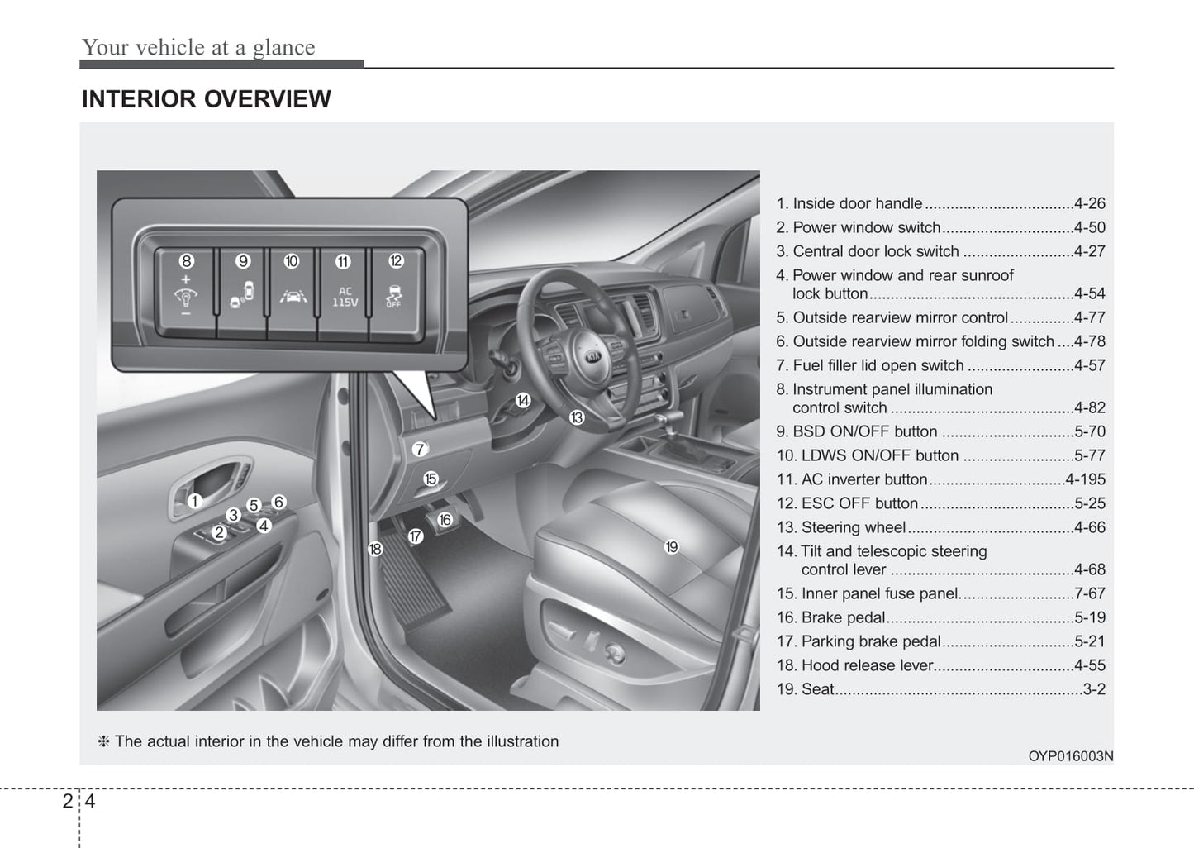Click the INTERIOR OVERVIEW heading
(x=206, y=99)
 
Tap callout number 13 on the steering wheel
(x=577, y=418)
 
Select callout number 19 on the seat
(x=672, y=546)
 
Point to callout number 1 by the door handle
(x=194, y=501)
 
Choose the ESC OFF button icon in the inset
(x=394, y=297)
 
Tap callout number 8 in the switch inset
(x=187, y=261)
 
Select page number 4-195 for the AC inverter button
(x=1085, y=479)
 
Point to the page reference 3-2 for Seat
(x=1094, y=689)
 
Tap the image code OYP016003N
(x=1070, y=756)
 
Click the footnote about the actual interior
(x=329, y=741)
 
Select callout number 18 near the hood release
(x=375, y=549)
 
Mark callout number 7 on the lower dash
(x=420, y=450)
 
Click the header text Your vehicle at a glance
(x=198, y=47)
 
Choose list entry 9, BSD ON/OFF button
(x=856, y=431)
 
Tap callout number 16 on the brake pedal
(x=445, y=520)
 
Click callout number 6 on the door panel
(x=279, y=502)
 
